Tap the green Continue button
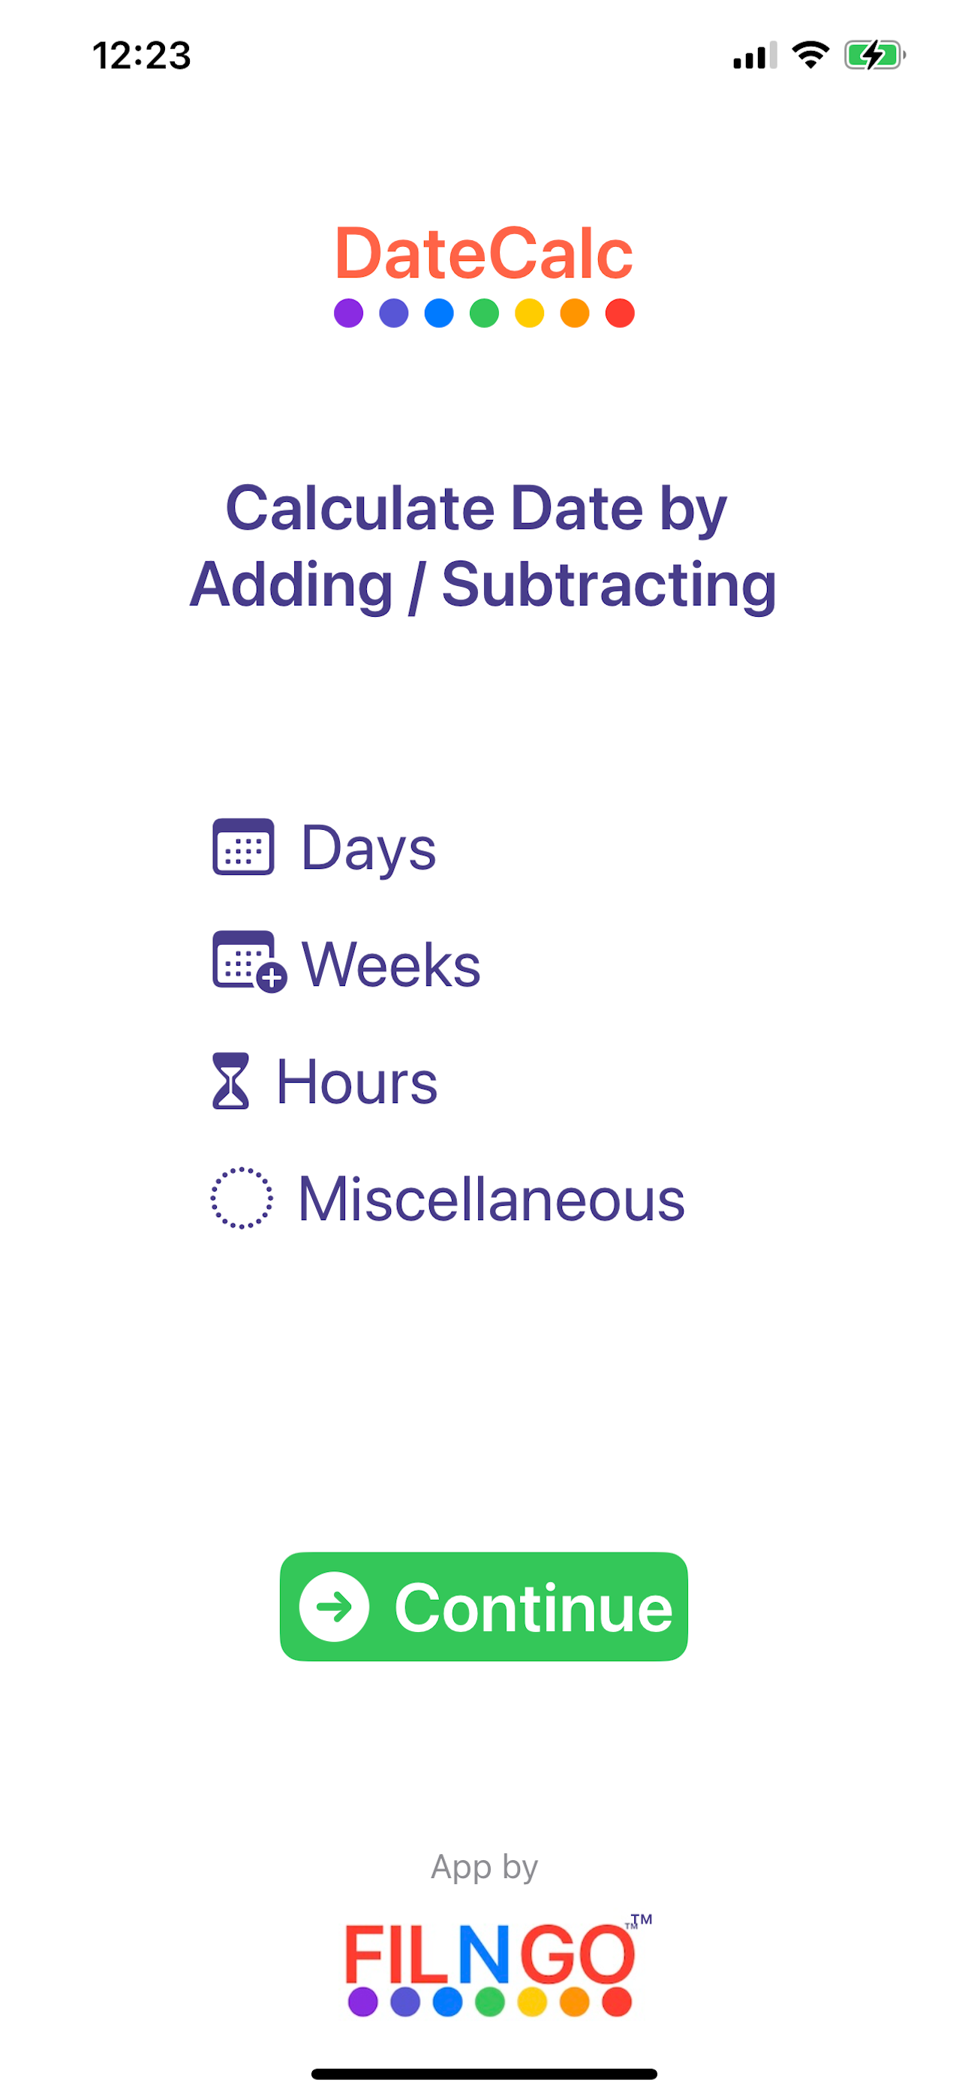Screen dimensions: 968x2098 (x=483, y=1606)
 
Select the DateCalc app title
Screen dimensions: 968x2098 (x=484, y=254)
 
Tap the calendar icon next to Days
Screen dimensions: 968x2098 (x=243, y=847)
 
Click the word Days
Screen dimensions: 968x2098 (x=368, y=849)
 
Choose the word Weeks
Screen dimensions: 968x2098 (x=391, y=964)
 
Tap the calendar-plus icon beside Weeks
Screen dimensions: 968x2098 (x=249, y=962)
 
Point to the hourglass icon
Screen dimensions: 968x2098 (x=230, y=1081)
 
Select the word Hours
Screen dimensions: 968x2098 (x=357, y=1081)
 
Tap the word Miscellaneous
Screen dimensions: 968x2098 (x=492, y=1199)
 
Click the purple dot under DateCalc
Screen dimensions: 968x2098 (x=349, y=314)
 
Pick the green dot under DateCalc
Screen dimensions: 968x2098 (x=484, y=314)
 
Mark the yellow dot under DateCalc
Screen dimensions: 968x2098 (x=530, y=314)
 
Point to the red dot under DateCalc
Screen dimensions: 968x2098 (x=620, y=314)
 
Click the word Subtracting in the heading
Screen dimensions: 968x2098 (x=609, y=585)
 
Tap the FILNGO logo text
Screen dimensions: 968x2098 (x=491, y=1954)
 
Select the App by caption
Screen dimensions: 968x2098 (x=484, y=1867)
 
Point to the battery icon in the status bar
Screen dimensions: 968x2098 (x=875, y=56)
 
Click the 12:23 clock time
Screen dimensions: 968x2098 (x=142, y=56)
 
